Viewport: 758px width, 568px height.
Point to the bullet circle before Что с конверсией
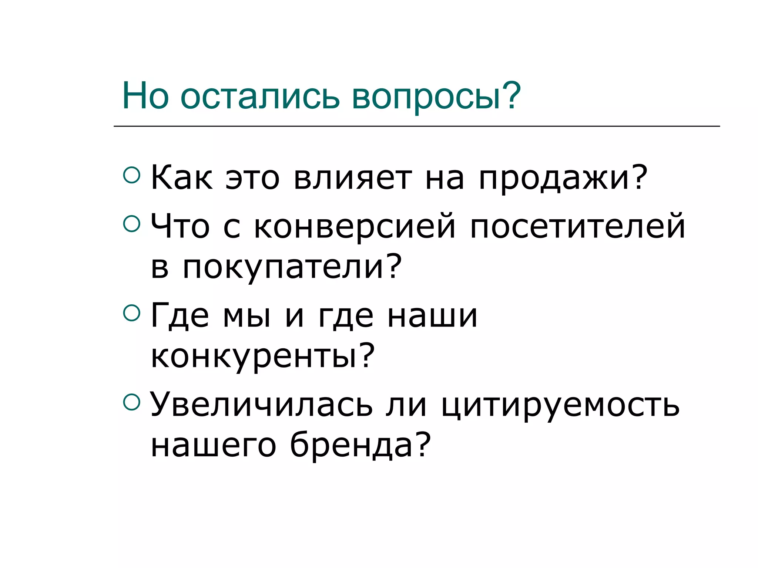click(x=131, y=223)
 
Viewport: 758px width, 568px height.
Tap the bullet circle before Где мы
click(x=131, y=312)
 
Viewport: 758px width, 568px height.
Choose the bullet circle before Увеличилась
click(x=131, y=402)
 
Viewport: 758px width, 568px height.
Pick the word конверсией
click(x=355, y=226)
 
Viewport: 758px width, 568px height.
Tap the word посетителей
click(x=577, y=226)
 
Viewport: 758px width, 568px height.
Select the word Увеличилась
click(x=261, y=405)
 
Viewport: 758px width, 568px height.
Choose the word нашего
click(x=214, y=446)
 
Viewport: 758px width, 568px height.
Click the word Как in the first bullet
click(x=182, y=178)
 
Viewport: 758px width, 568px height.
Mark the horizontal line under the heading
click(x=416, y=126)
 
